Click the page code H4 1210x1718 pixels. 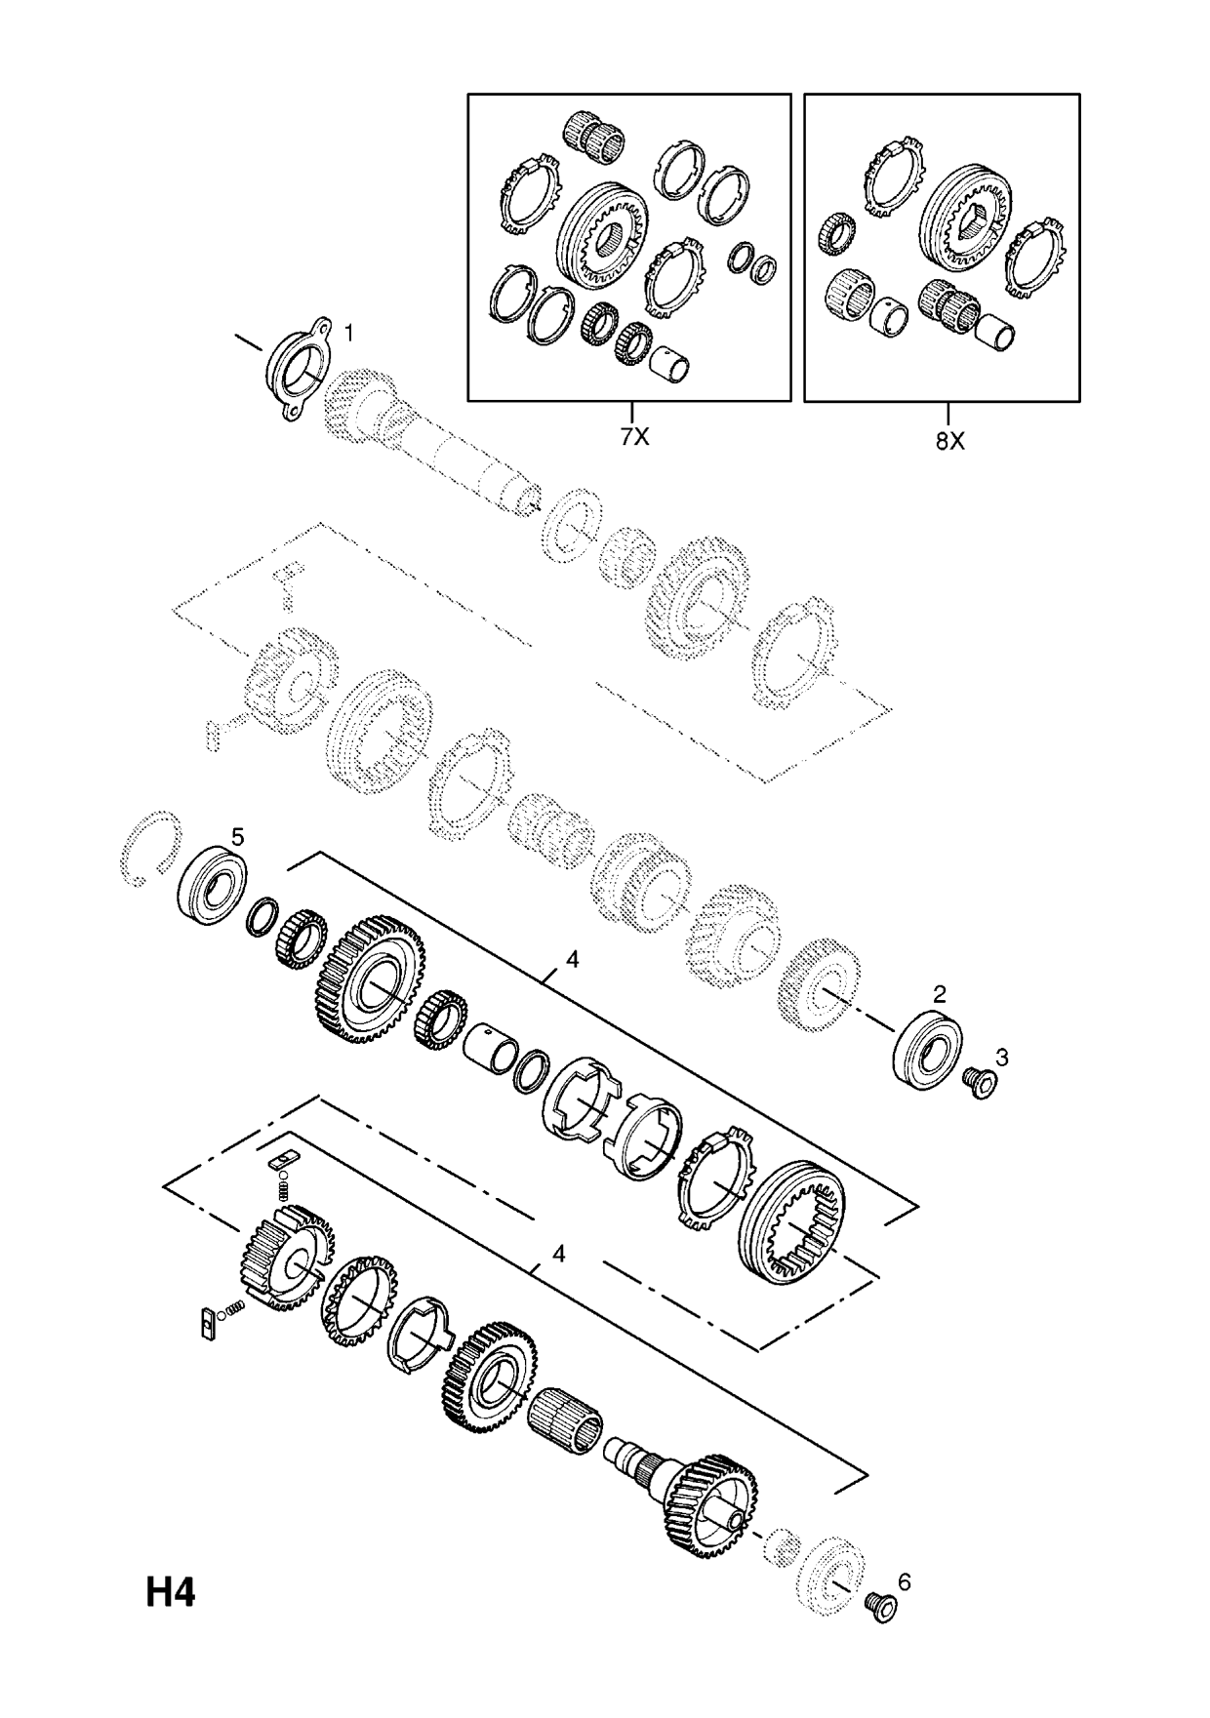[172, 1593]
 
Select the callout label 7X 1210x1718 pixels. [634, 438]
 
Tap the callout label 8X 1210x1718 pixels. [949, 441]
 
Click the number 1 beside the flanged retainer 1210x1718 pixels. [349, 334]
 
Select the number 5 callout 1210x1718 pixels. [237, 837]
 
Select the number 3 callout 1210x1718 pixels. [1001, 1057]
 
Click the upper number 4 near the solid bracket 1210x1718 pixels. [572, 960]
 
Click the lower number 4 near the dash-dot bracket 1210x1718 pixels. [558, 1254]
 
